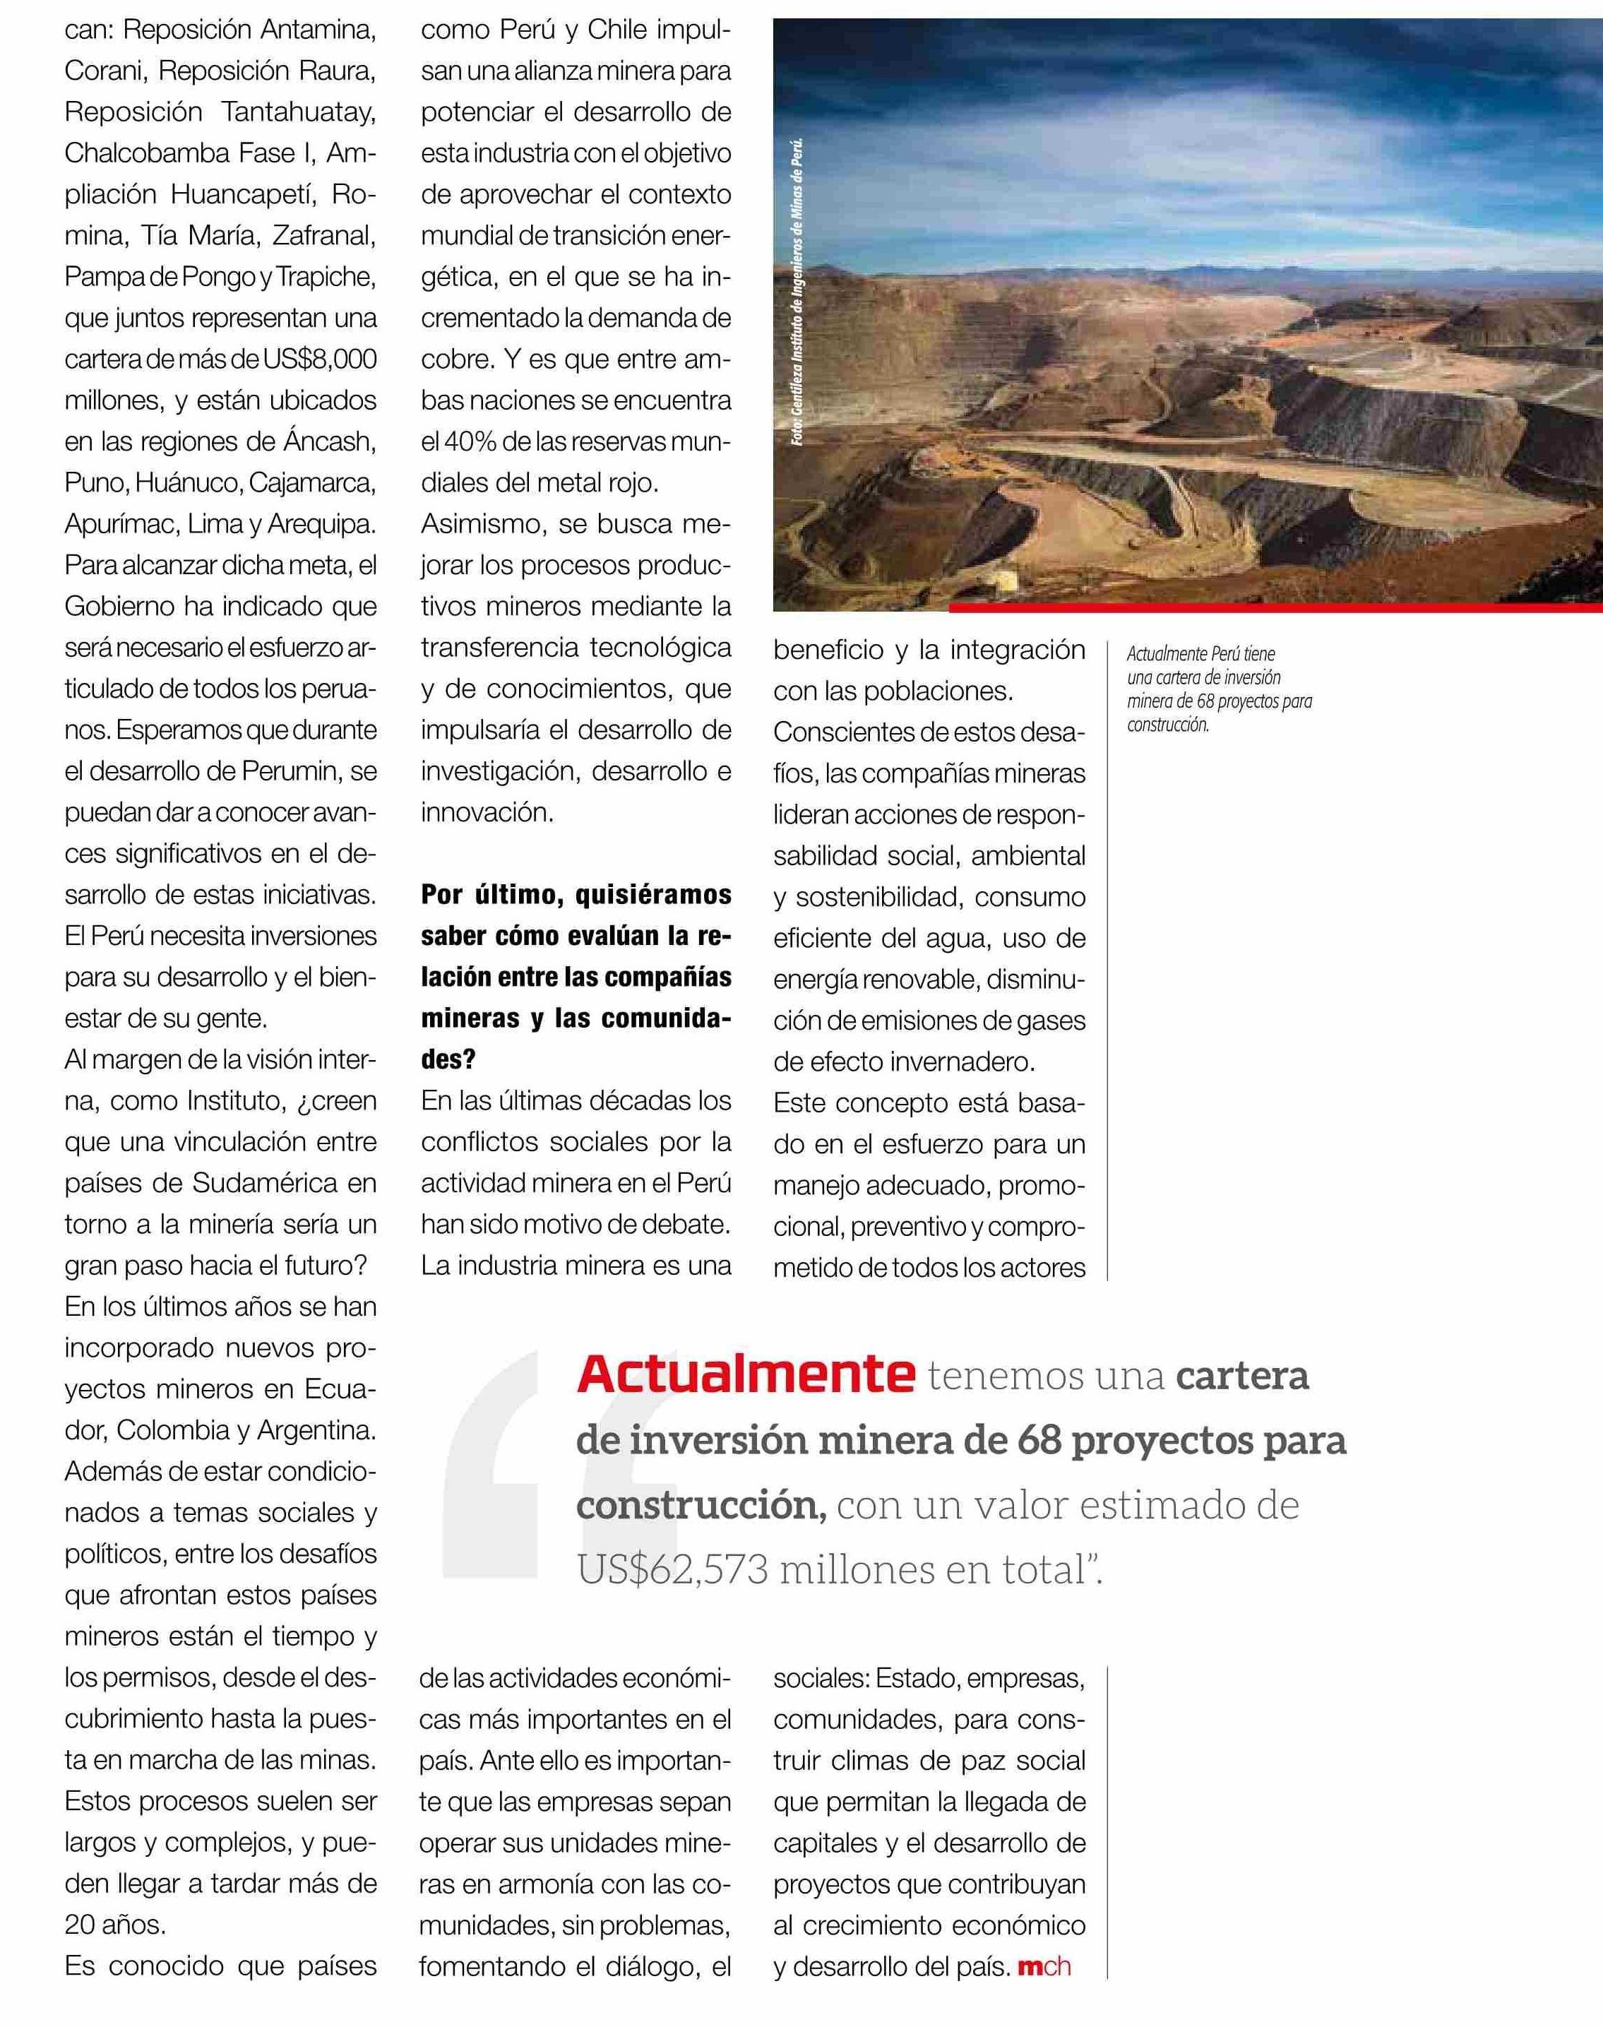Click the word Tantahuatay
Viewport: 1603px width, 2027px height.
299,112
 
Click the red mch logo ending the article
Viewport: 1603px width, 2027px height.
1044,1968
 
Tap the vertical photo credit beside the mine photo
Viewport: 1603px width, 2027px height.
798,293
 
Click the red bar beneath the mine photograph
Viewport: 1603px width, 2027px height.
1275,608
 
